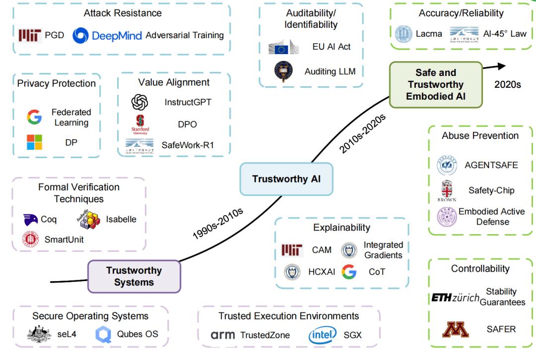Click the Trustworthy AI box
point(286,179)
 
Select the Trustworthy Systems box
point(134,276)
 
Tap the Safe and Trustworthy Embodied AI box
point(436,84)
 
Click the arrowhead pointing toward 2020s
point(501,66)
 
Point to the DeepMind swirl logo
point(81,36)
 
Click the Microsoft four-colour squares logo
point(35,142)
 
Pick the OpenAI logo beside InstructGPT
point(140,102)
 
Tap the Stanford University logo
point(140,124)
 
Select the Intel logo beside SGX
point(323,335)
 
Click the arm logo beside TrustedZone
point(223,335)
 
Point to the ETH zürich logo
point(455,298)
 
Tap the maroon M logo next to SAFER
point(455,329)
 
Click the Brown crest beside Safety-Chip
point(447,190)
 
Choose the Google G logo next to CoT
point(349,272)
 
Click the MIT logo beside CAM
point(292,250)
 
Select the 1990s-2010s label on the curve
point(218,223)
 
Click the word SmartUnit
point(64,240)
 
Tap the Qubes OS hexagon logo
point(103,334)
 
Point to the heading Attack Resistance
point(123,13)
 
